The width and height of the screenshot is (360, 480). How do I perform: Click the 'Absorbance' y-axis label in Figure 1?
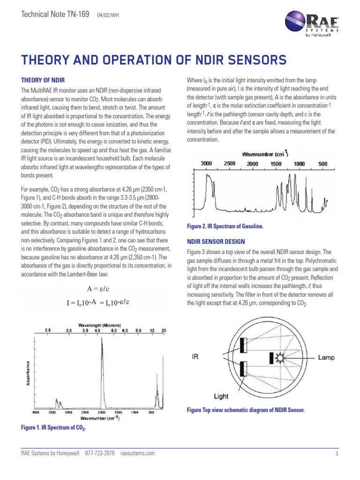click(28, 373)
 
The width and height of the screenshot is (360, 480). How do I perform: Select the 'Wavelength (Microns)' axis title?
click(99, 325)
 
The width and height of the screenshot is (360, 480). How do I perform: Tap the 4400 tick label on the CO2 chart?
click(36, 412)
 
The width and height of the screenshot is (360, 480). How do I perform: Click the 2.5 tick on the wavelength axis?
click(47, 330)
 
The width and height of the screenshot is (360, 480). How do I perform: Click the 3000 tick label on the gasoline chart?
click(206, 163)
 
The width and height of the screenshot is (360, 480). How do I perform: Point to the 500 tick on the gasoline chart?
click(322, 163)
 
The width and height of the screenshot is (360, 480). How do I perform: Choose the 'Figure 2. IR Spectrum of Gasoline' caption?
click(225, 226)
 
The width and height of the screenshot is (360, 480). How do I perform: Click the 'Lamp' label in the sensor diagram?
click(326, 357)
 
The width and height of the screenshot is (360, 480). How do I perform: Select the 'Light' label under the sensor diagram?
click(221, 396)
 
